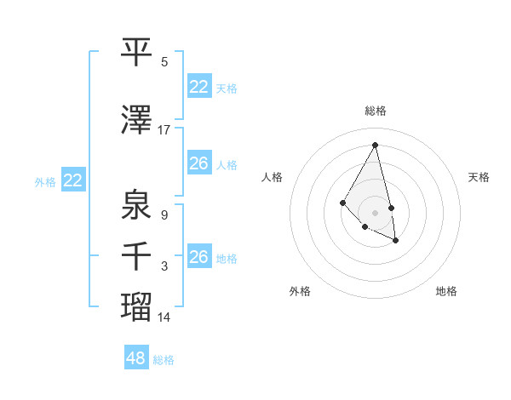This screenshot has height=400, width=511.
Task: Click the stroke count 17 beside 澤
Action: pyautogui.click(x=164, y=130)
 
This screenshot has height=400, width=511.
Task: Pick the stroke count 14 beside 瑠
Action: pyautogui.click(x=164, y=317)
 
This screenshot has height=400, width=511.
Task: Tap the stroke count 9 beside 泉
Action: pyautogui.click(x=164, y=215)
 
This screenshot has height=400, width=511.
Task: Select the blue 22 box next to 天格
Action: pyautogui.click(x=199, y=87)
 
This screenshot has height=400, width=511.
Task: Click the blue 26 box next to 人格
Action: pyautogui.click(x=199, y=163)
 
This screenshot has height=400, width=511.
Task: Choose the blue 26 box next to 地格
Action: pyautogui.click(x=199, y=256)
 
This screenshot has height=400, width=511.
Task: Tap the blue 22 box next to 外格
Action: pyautogui.click(x=73, y=180)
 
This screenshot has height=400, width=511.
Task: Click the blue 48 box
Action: pyautogui.click(x=136, y=358)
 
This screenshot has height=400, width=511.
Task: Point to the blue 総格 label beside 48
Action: pyautogui.click(x=164, y=360)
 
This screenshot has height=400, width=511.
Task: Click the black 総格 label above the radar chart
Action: pyautogui.click(x=375, y=111)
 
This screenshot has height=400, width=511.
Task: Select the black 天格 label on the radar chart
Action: pyautogui.click(x=479, y=177)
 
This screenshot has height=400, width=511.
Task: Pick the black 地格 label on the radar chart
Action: pyautogui.click(x=446, y=291)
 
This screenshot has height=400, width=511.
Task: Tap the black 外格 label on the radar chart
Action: pyautogui.click(x=300, y=291)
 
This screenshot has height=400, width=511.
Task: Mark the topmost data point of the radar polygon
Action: pyautogui.click(x=375, y=145)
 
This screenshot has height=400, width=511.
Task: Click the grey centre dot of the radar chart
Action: pyautogui.click(x=375, y=212)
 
